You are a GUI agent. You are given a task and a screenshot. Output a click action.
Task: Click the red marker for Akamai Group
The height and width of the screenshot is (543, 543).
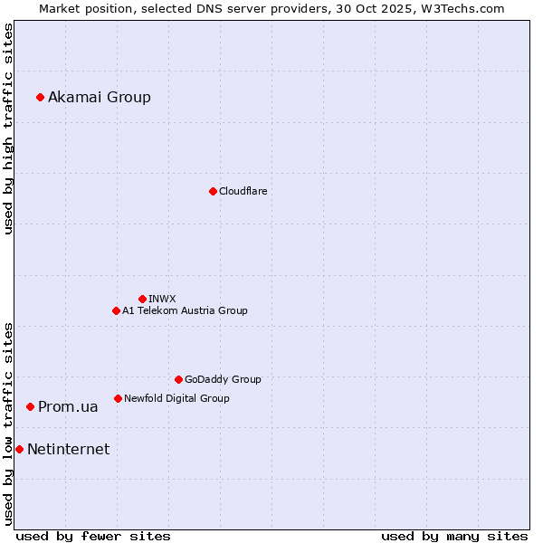(40, 97)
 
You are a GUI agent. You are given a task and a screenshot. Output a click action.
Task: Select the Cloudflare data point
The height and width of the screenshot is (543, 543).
(213, 191)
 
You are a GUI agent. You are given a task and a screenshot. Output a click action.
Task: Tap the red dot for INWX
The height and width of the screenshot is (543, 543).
(142, 299)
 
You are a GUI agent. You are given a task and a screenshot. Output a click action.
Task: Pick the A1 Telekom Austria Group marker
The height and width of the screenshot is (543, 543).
(116, 310)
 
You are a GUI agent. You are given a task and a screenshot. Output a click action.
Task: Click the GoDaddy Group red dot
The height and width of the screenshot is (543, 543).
(178, 379)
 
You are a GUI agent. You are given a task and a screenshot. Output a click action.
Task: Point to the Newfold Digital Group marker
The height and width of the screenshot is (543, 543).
(118, 398)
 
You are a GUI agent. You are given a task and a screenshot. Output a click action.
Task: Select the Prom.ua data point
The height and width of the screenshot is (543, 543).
(30, 407)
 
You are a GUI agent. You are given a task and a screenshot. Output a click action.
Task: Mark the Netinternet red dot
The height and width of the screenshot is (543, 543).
(19, 449)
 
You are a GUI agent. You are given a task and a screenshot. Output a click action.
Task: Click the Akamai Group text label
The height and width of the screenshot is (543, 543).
(100, 98)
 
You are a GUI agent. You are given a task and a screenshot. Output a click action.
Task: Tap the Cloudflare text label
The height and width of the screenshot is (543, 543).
(243, 191)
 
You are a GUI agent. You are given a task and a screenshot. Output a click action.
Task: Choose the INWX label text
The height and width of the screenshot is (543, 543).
(162, 299)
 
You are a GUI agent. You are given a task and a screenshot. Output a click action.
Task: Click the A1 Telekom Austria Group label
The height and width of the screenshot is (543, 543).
(185, 310)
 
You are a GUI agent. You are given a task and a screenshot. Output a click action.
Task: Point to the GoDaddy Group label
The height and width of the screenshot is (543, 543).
(223, 379)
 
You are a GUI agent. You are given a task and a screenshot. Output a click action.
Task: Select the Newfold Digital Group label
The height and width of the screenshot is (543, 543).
(176, 398)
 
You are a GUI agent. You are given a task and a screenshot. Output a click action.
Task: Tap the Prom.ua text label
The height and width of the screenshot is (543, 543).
(68, 407)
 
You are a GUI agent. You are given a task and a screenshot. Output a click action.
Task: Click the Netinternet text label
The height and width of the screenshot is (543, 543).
(68, 450)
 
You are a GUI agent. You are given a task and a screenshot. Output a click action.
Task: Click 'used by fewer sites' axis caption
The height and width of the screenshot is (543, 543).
(93, 536)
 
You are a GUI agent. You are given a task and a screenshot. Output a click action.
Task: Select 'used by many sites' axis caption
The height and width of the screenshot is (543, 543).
(454, 536)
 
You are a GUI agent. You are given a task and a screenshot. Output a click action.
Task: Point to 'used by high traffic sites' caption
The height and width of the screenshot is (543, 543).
(8, 129)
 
